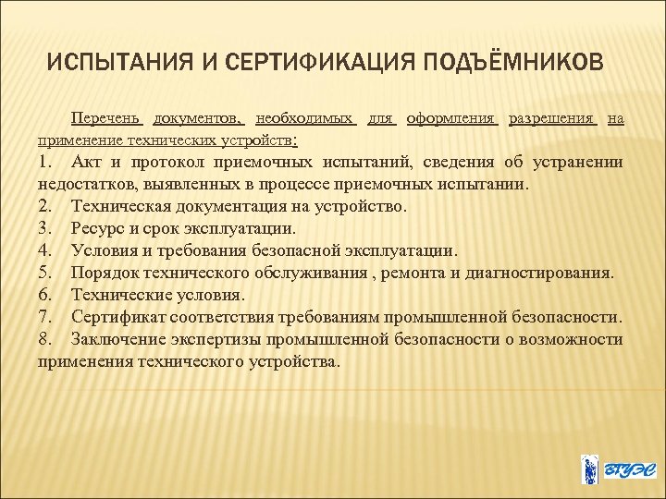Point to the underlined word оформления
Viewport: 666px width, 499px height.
click(452, 118)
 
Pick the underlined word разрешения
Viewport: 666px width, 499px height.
click(554, 118)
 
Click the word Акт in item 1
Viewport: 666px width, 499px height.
click(87, 163)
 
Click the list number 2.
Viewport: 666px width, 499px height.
click(45, 207)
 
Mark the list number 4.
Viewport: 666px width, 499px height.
click(45, 251)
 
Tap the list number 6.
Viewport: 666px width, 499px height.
click(45, 296)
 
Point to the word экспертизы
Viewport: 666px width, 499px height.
click(224, 340)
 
